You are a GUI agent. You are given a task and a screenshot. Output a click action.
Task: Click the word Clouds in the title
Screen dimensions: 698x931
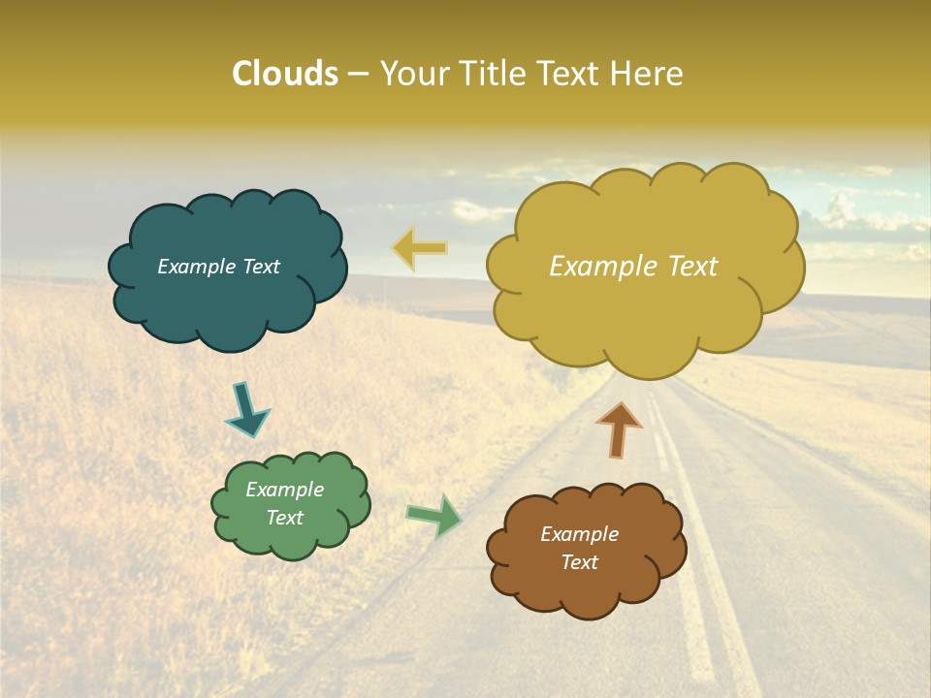(x=284, y=74)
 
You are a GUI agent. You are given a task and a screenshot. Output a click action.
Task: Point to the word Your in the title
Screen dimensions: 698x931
(x=414, y=74)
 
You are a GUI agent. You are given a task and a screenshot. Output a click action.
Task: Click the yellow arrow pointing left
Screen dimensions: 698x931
(x=421, y=248)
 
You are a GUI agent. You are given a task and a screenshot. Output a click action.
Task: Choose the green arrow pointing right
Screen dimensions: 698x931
(x=435, y=516)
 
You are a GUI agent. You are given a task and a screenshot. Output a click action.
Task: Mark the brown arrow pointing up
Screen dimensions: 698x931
(x=619, y=428)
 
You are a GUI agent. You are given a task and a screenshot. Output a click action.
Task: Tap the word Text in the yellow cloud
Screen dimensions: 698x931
(x=686, y=267)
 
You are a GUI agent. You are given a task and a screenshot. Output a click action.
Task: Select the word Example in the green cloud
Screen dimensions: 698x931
(x=284, y=490)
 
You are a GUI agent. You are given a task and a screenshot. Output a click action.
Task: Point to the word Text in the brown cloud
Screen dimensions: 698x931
(x=580, y=562)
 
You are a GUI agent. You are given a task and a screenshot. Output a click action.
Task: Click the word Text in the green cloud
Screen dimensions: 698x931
(x=285, y=518)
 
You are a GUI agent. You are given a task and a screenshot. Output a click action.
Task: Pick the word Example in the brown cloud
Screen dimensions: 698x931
(x=579, y=534)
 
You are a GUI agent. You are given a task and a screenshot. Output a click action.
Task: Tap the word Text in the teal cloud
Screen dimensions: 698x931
(x=259, y=267)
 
